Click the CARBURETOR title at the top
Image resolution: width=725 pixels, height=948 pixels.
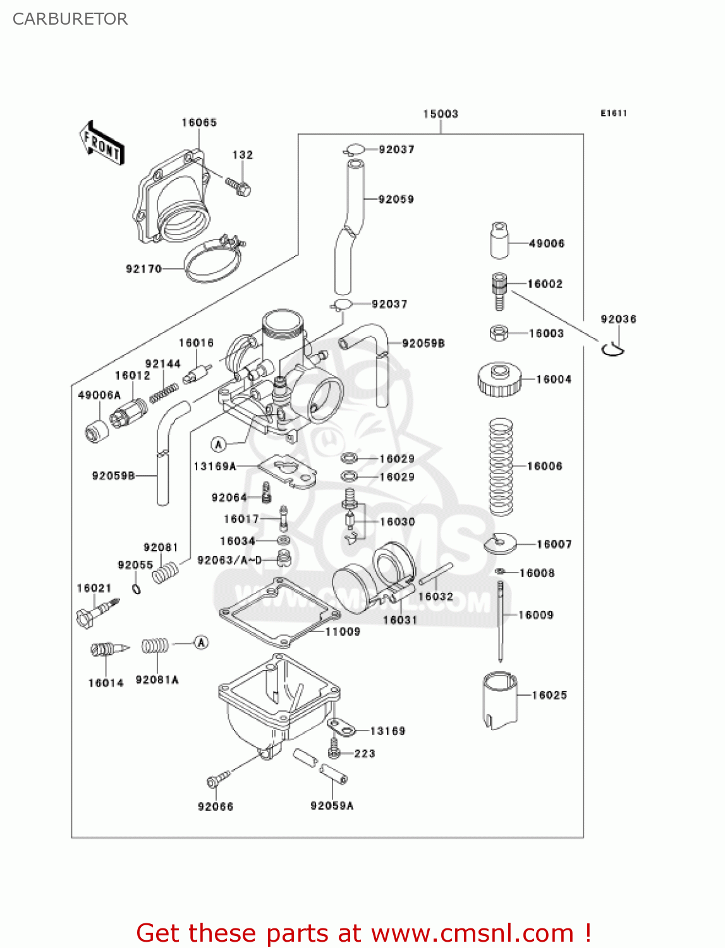pos(70,19)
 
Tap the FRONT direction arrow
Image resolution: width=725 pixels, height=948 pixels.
pos(101,144)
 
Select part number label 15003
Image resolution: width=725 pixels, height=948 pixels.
pos(441,114)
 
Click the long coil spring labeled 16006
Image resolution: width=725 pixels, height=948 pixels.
pos(501,466)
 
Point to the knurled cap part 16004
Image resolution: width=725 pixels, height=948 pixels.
pos(499,379)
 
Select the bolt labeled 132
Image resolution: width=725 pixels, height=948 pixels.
pos(238,186)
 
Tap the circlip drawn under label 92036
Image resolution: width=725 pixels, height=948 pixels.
pos(612,348)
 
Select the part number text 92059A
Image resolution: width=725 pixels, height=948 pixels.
pos(332,806)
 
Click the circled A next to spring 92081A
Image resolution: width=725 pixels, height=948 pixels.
pos(201,643)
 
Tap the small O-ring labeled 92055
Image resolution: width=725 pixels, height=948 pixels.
pos(136,589)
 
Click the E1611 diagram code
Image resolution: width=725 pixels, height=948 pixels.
pos(613,113)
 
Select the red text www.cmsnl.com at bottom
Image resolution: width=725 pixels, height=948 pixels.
pos(472,933)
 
